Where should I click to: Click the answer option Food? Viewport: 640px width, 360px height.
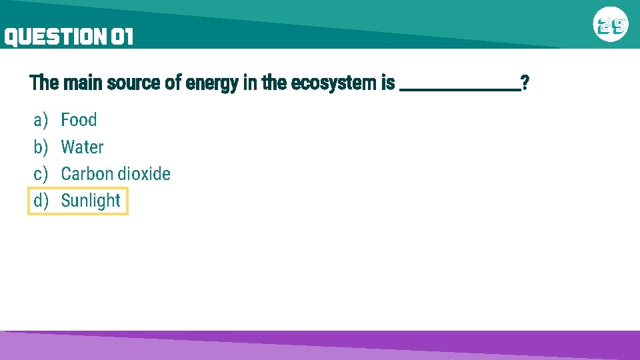click(79, 120)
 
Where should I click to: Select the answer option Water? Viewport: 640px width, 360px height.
click(82, 147)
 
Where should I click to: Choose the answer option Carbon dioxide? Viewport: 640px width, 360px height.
click(115, 174)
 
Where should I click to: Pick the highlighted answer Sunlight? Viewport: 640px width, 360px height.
click(91, 201)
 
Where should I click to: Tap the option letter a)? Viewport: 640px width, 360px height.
click(41, 120)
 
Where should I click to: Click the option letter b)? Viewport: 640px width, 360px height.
click(41, 147)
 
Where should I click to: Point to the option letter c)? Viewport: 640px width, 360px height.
click(41, 174)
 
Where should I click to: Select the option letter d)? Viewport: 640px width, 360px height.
click(41, 201)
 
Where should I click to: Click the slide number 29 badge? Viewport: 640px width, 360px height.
click(611, 26)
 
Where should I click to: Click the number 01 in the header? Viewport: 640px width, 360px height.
click(122, 37)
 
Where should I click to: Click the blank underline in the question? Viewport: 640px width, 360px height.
click(459, 88)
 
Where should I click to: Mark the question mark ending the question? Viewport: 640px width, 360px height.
click(525, 83)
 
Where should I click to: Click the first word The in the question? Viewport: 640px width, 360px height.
click(44, 83)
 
